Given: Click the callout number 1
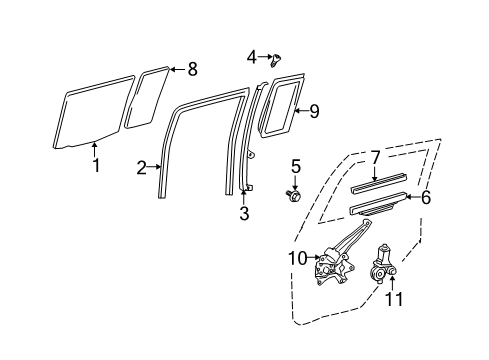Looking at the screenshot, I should point(96,165).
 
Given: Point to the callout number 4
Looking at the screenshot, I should point(252,56).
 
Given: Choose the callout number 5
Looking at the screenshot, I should point(295,165).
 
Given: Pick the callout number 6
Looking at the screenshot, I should point(425,199).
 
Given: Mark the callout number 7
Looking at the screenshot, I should point(376,157).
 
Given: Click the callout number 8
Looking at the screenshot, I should point(193,69).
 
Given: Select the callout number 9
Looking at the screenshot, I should point(313,111).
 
